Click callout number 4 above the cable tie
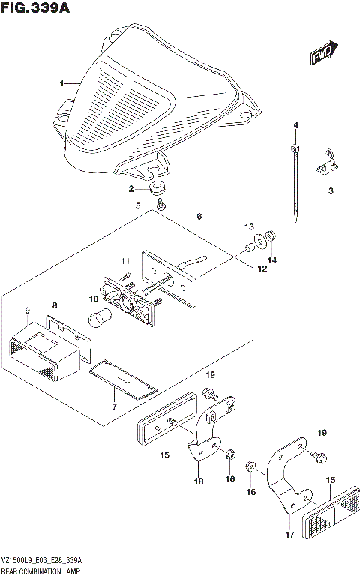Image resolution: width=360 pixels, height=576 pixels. click(295, 124)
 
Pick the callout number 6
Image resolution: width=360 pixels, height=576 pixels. click(199, 217)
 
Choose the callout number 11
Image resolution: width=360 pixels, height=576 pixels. click(126, 260)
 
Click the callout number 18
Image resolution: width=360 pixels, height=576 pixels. click(199, 481)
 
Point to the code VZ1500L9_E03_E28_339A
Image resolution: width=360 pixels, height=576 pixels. click(42, 561)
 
